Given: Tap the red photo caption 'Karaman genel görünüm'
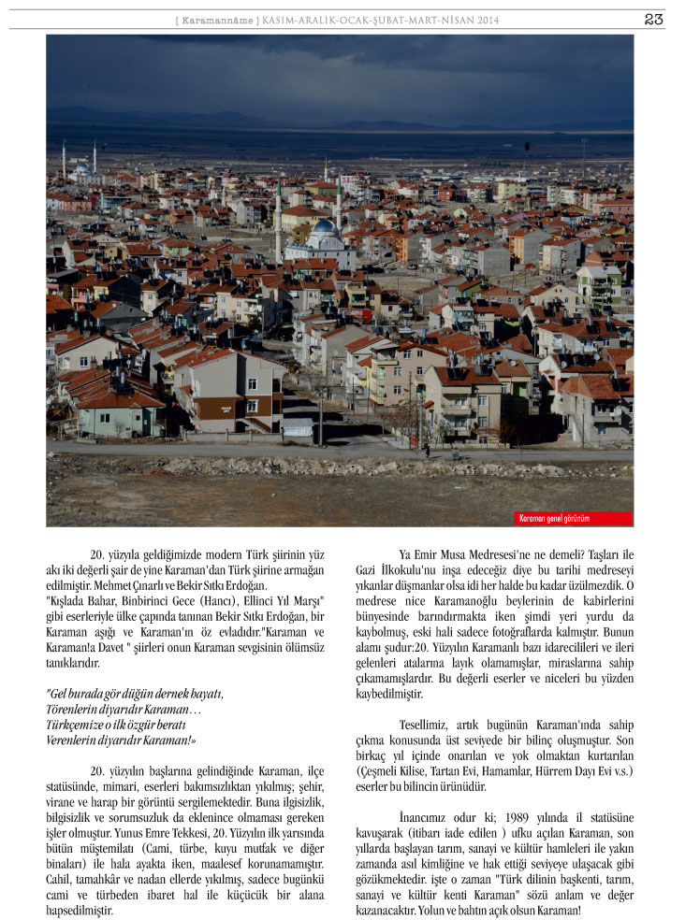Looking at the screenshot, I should pyautogui.click(x=555, y=518).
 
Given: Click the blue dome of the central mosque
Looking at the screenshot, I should pyautogui.click(x=324, y=227).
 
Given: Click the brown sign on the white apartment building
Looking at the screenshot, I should pyautogui.click(x=227, y=409).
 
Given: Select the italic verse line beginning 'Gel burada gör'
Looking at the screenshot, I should pyautogui.click(x=136, y=693).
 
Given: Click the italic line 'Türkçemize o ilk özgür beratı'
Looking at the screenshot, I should pyautogui.click(x=116, y=725).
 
